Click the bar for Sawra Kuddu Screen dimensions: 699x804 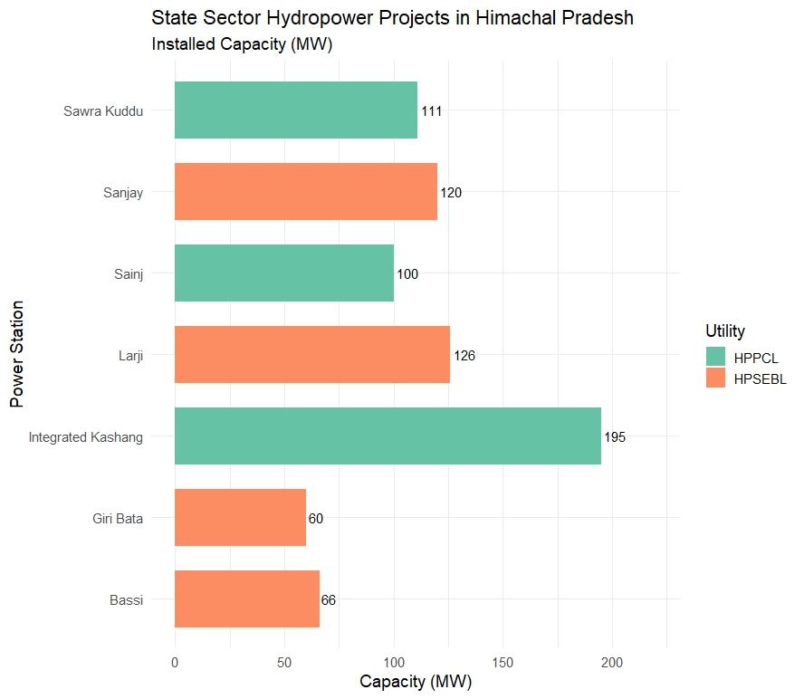point(295,110)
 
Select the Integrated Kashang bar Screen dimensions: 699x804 point(388,436)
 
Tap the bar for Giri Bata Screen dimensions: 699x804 point(240,518)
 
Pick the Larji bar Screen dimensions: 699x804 point(311,355)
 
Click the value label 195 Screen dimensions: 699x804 point(615,437)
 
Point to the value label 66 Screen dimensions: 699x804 point(329,600)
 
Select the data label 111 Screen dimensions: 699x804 point(431,111)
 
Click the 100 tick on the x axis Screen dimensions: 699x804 point(394,664)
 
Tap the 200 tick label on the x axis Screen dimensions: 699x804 point(612,664)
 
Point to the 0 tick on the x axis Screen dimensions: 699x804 point(175,664)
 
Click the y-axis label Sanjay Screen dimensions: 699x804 point(123,192)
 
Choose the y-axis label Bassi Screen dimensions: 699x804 point(127,599)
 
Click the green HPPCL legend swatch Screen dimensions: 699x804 point(716,357)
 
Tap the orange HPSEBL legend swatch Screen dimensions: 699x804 point(716,378)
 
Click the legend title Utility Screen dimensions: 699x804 point(725,330)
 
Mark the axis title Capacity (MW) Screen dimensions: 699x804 point(416,682)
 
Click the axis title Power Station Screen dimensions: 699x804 point(17,355)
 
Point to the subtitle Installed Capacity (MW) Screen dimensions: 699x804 point(243,44)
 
